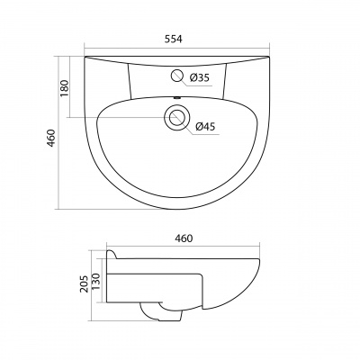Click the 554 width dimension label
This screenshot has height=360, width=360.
(173, 39)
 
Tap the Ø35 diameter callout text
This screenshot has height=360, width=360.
(200, 78)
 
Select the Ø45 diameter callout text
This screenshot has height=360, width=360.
(205, 127)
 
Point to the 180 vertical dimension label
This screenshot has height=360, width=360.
(65, 88)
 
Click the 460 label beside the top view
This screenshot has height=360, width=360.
(51, 138)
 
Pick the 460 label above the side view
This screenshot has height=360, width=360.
(184, 238)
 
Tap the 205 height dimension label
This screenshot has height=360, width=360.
(85, 283)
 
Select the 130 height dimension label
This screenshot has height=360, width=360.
(95, 281)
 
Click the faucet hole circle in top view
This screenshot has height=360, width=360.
(177, 76)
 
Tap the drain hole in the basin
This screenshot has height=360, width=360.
(176, 117)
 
